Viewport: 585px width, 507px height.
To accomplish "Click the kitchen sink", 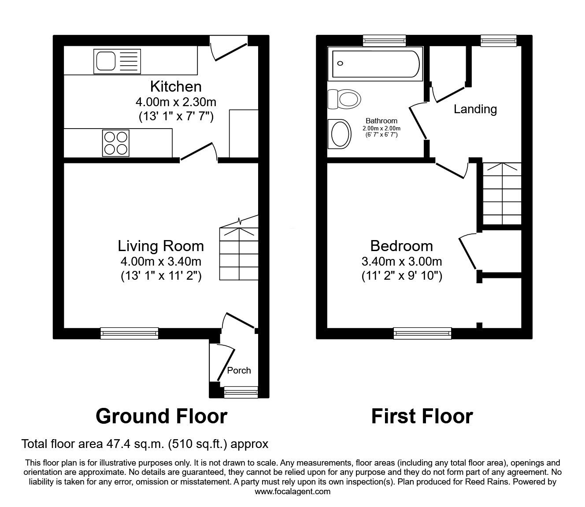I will [117, 62].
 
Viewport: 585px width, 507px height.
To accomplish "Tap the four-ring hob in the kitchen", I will [116, 143].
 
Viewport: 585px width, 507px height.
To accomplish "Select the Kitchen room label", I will [176, 86].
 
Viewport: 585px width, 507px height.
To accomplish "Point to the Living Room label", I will [161, 246].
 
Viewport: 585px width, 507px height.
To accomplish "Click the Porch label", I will [239, 370].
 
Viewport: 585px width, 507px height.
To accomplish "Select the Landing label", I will [475, 109].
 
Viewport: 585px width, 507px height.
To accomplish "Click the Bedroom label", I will [401, 246].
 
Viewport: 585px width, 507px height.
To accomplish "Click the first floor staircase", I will [502, 194].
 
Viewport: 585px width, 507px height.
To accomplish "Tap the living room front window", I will [129, 333].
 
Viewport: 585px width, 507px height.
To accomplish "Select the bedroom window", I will [422, 333].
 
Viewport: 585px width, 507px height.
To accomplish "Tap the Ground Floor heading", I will [161, 416].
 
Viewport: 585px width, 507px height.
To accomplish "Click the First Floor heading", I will [422, 416].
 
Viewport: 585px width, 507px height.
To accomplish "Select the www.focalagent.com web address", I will [292, 492].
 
